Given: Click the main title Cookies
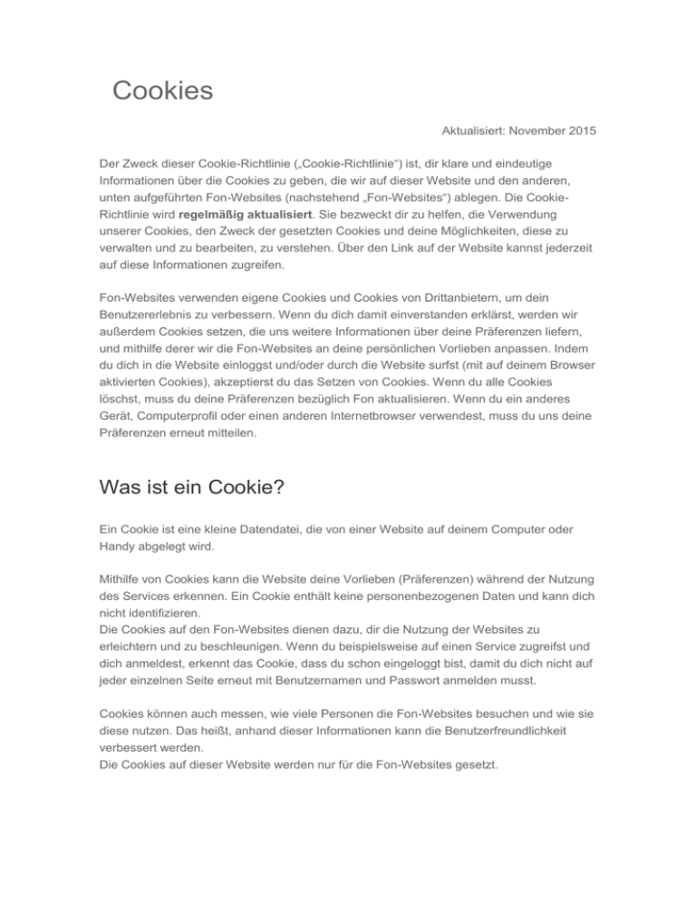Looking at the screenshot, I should tap(162, 91).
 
